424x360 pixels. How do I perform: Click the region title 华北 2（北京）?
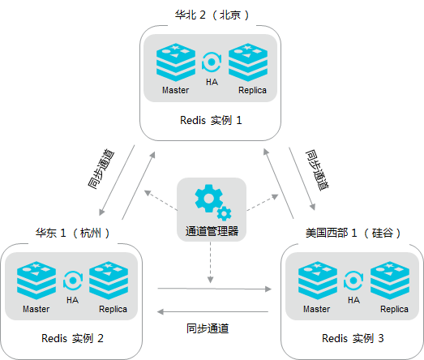click(x=212, y=15)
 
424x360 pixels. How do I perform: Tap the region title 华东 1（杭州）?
click(x=72, y=233)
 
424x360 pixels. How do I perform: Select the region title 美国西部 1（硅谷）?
click(x=353, y=233)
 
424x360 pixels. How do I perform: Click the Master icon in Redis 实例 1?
click(x=176, y=62)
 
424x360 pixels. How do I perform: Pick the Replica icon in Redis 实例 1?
click(x=248, y=62)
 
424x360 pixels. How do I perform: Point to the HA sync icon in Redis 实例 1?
click(x=212, y=62)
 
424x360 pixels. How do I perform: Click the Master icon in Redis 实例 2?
click(x=36, y=281)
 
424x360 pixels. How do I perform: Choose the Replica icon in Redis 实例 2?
click(x=109, y=281)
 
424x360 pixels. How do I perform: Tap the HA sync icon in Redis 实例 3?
click(x=353, y=281)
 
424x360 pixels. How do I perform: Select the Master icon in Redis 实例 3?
click(x=318, y=281)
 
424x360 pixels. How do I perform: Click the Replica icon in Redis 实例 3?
click(x=390, y=281)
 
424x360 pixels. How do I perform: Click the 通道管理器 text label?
click(x=212, y=231)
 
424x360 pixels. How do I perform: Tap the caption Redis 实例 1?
click(x=211, y=120)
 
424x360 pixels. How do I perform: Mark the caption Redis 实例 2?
click(x=72, y=338)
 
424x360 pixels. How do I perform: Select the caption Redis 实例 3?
click(x=353, y=338)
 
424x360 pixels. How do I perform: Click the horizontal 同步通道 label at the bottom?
click(x=208, y=328)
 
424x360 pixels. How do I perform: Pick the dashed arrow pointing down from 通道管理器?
click(x=210, y=263)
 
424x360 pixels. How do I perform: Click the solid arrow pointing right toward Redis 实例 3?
click(x=215, y=289)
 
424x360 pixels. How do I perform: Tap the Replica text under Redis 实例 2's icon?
click(x=113, y=309)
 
